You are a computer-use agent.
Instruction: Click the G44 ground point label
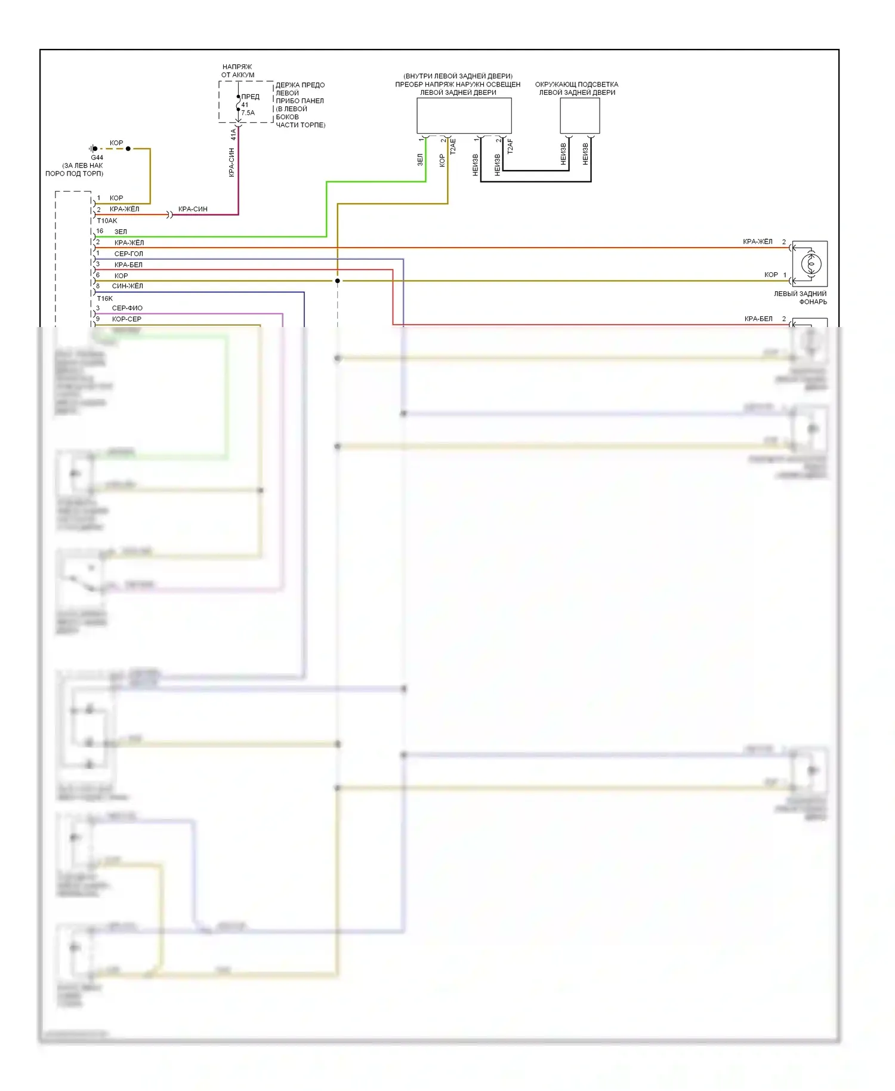coord(97,158)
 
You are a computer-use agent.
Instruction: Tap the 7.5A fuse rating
coord(248,113)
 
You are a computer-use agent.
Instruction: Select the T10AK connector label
coord(107,220)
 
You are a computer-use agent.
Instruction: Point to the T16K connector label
coord(105,298)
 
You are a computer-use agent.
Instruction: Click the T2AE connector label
coord(453,147)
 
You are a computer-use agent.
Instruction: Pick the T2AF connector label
coord(510,147)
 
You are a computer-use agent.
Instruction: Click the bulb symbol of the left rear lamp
coord(810,263)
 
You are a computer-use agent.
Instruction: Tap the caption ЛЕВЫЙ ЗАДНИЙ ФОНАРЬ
coord(801,297)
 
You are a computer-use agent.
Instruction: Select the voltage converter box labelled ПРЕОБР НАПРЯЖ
coord(464,116)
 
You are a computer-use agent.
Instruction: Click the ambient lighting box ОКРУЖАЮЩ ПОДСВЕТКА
coord(579,116)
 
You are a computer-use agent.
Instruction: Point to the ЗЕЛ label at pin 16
coord(121,232)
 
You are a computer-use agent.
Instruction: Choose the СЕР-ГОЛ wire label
coord(129,254)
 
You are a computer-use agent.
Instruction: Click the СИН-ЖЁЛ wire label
coord(128,286)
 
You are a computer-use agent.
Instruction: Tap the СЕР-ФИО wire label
coord(127,308)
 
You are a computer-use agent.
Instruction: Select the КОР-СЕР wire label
coord(126,319)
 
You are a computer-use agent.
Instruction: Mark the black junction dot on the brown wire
coord(338,281)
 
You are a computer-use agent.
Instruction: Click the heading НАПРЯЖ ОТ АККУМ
coord(237,70)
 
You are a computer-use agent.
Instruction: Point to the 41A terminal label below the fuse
coord(233,135)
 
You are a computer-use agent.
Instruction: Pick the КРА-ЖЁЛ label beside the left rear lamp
coord(758,242)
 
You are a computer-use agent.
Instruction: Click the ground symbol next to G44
coord(93,149)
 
